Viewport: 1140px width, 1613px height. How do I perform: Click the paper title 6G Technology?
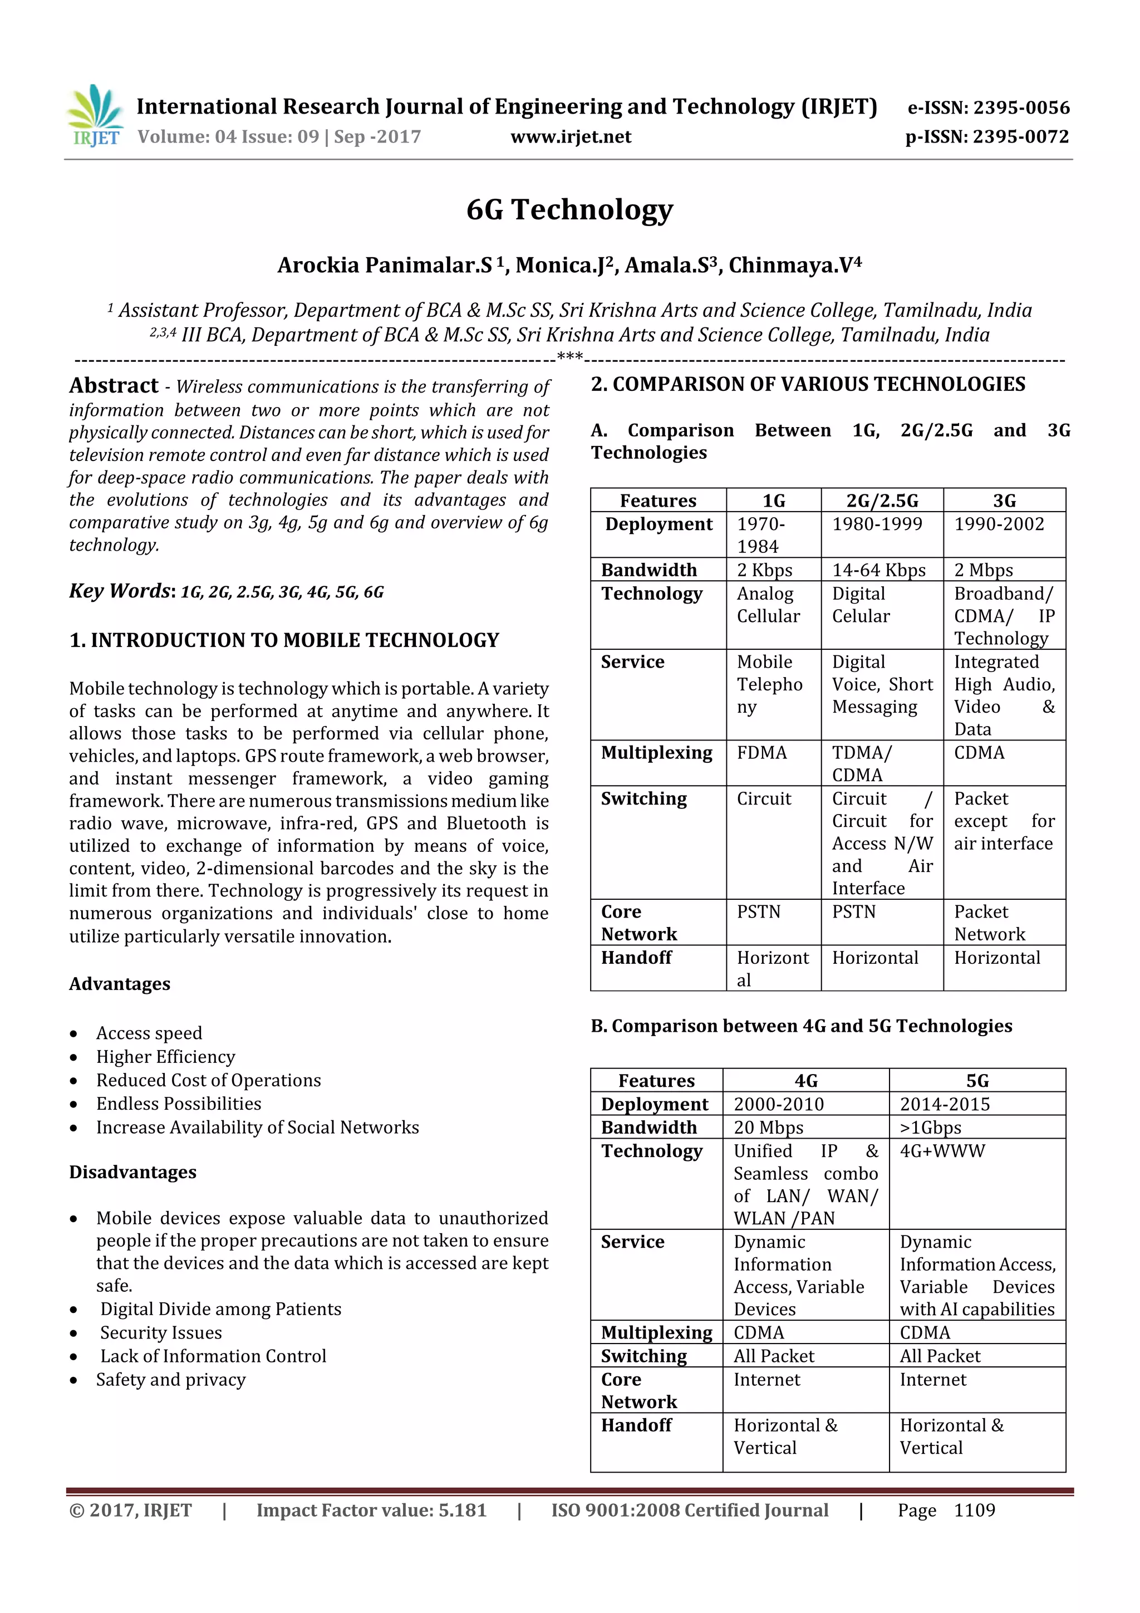569,209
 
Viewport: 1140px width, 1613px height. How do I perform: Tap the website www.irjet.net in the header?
571,136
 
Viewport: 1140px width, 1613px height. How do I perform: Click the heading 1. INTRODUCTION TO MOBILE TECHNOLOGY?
284,640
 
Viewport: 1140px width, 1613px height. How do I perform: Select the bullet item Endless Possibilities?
179,1104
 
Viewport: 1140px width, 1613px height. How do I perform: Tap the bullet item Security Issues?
161,1333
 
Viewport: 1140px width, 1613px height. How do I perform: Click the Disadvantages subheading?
132,1172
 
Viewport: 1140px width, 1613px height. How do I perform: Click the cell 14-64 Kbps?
879,570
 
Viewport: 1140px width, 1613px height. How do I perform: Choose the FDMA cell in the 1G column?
762,753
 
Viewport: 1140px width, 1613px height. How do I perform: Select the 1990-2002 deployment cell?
999,524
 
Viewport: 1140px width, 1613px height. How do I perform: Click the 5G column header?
977,1081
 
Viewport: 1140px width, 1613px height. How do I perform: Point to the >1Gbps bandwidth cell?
931,1127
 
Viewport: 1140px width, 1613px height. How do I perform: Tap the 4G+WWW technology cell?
942,1151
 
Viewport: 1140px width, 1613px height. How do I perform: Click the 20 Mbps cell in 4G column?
768,1127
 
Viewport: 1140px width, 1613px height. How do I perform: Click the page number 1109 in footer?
974,1511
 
